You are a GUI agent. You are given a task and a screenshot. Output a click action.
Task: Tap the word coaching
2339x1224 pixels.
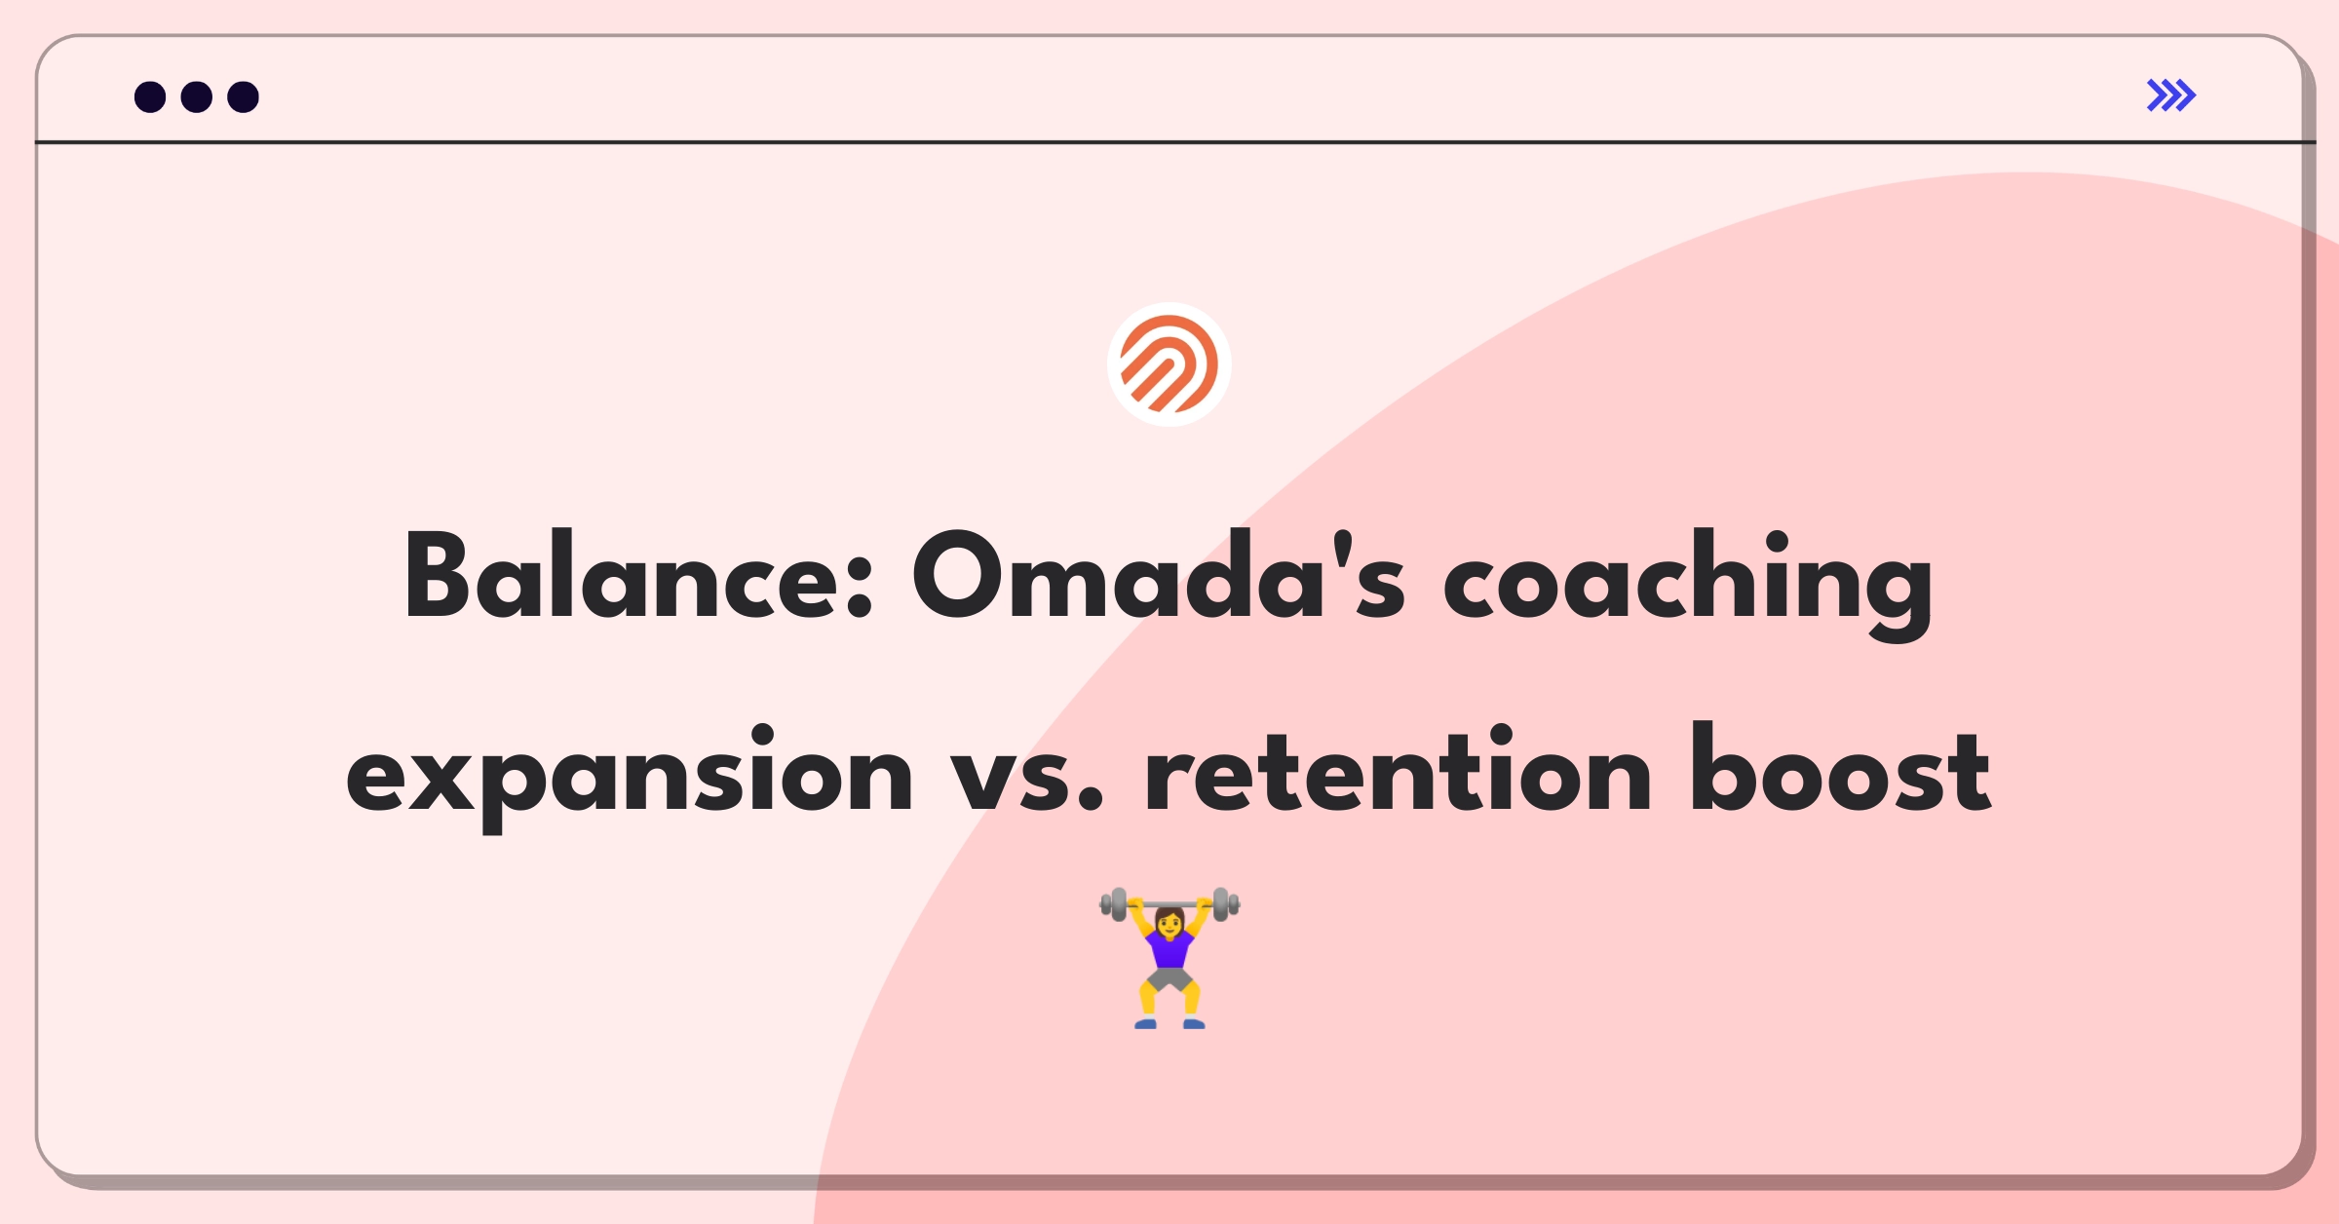coord(1688,582)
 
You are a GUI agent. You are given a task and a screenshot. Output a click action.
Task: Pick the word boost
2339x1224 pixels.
coord(1841,768)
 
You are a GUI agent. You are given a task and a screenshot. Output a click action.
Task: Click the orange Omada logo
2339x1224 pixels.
coord(1169,364)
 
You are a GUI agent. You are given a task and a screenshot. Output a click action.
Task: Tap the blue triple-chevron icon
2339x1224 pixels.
coord(2171,96)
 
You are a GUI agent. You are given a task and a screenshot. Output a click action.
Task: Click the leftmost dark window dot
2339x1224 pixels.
coord(150,96)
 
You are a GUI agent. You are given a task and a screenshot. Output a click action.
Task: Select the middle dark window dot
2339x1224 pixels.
coord(197,96)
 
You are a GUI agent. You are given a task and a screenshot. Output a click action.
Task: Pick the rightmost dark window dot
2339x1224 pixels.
coord(244,96)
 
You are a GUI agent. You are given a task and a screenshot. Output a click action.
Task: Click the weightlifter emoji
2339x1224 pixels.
coord(1169,957)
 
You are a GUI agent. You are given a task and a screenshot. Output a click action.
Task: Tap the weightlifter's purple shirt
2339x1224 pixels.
coord(1169,947)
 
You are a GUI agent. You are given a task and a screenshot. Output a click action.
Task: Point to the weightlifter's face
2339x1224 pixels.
coord(1169,920)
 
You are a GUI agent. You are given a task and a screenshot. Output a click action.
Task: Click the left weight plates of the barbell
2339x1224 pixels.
coord(1114,904)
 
